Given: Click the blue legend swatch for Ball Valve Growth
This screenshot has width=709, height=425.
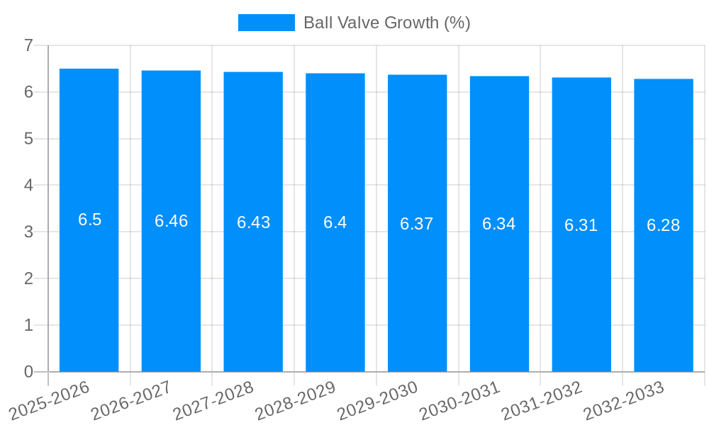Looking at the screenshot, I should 266,23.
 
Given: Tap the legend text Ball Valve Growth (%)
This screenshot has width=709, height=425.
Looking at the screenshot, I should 386,23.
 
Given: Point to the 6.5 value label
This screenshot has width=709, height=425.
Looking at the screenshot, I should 89,220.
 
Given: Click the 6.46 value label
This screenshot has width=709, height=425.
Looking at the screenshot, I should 171,221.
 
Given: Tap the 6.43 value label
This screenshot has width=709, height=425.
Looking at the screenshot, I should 253,222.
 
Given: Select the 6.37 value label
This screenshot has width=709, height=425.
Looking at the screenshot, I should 417,224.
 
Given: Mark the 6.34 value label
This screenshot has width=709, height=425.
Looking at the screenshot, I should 499,224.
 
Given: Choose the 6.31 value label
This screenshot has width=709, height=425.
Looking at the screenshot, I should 581,225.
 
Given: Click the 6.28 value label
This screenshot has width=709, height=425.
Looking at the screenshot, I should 663,225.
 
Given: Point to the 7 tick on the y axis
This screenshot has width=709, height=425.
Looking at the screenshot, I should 28,45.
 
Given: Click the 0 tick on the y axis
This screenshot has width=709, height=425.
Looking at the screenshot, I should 28,372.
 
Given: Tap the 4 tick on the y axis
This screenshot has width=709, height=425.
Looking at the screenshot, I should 28,186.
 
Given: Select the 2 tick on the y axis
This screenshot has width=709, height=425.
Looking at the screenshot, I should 28,278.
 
